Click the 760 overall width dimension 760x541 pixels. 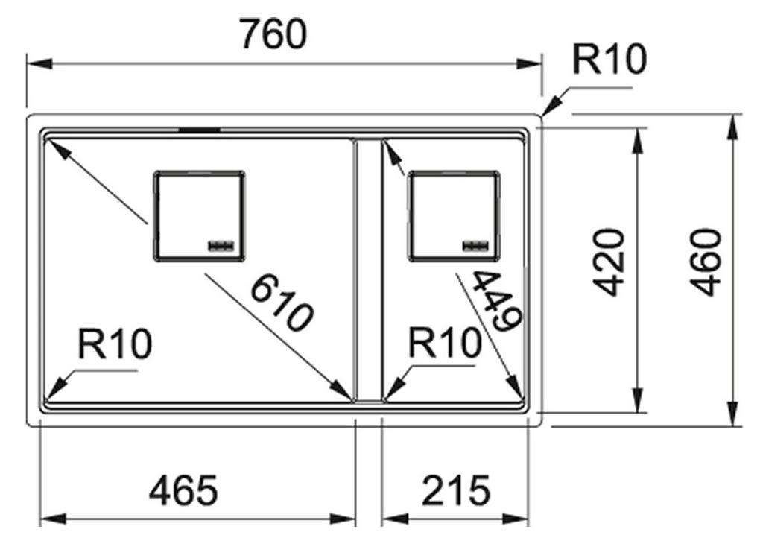click(273, 34)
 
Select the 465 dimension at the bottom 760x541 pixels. click(183, 490)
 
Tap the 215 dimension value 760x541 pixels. click(456, 490)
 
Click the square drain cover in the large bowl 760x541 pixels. click(199, 216)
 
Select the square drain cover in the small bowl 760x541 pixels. click(454, 215)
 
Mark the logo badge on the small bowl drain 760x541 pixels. click(475, 244)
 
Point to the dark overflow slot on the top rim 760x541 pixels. click(199, 129)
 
